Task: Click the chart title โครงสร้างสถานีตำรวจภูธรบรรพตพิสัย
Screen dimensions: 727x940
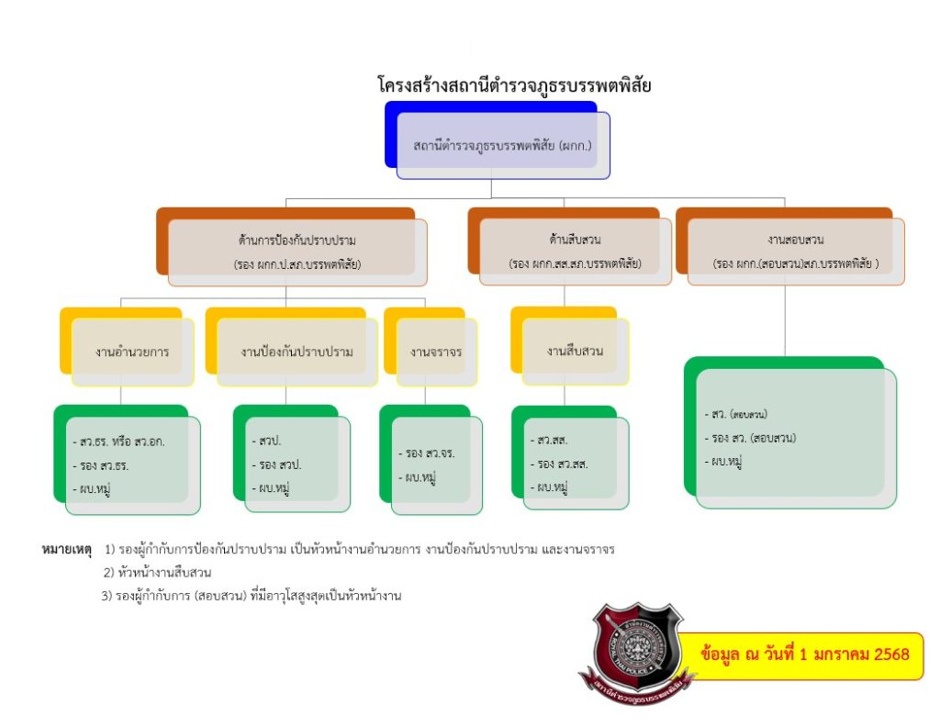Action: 514,85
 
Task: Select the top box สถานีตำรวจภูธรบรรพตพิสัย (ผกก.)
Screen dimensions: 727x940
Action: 502,145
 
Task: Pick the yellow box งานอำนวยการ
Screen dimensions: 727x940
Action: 132,352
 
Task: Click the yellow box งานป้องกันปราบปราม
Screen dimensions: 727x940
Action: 297,352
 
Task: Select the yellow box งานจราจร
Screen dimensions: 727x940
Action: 436,352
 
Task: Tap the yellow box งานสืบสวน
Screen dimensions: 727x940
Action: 575,352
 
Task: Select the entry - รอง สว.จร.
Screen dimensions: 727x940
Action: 428,453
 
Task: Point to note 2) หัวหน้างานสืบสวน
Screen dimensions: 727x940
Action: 158,573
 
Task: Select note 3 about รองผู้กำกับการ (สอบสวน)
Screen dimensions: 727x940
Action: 252,596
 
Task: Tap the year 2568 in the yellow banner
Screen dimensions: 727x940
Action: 891,655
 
